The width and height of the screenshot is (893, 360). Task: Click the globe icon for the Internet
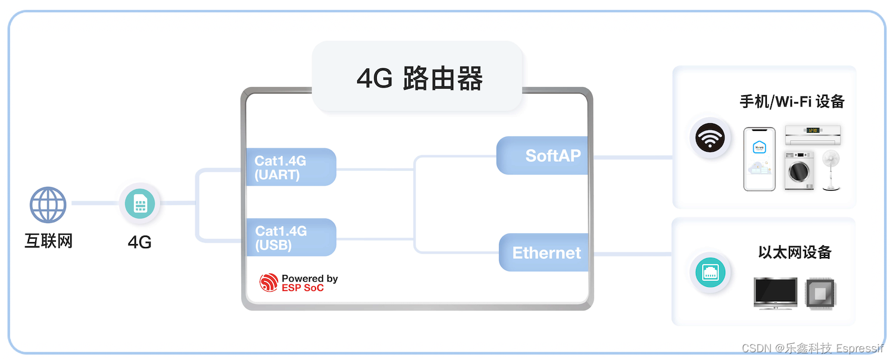click(48, 205)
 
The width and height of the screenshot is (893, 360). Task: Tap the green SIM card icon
click(140, 204)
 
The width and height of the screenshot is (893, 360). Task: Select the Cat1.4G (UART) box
click(291, 167)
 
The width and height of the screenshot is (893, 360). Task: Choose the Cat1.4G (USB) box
click(291, 237)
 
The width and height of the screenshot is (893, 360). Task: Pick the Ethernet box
click(544, 252)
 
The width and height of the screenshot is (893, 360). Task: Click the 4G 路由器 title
click(419, 78)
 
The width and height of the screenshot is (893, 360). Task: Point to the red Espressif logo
click(269, 283)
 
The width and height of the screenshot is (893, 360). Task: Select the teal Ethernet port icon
click(710, 273)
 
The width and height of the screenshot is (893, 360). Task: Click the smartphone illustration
click(759, 159)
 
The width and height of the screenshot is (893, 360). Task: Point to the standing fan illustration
click(832, 170)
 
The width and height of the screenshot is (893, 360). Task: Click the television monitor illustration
click(775, 292)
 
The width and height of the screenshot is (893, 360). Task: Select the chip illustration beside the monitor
click(821, 293)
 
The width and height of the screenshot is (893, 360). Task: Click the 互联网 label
click(48, 242)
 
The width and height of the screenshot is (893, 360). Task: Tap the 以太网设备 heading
click(794, 252)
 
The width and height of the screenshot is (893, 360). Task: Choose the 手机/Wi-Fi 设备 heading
click(792, 102)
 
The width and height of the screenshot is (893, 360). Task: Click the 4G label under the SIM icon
click(140, 242)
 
